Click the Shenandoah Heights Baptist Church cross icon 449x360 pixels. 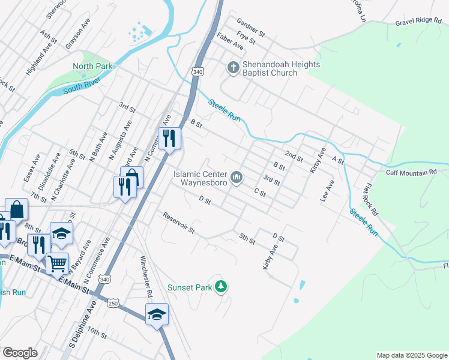click(233, 68)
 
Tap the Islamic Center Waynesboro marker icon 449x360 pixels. click(238, 176)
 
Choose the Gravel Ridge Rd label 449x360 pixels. click(418, 21)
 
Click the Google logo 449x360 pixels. click(20, 353)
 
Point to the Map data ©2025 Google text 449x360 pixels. click(411, 355)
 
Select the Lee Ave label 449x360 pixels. click(328, 191)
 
